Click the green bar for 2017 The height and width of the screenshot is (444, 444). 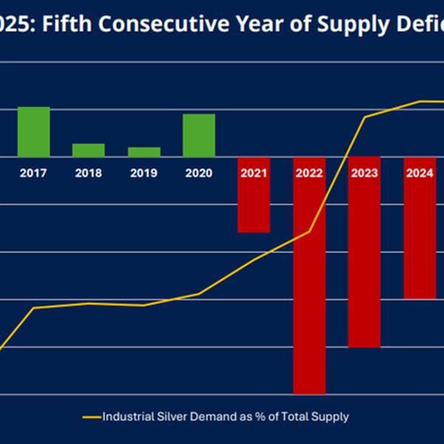[x=33, y=132]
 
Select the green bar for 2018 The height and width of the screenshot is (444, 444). [x=88, y=149]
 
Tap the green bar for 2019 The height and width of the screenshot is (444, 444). [x=144, y=152]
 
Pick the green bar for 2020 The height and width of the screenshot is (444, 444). [x=199, y=135]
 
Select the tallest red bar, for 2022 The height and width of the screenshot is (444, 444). [x=309, y=296]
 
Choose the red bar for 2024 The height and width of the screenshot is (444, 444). [x=420, y=244]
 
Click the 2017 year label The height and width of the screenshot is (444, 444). [x=33, y=173]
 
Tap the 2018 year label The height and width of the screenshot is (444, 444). [x=88, y=173]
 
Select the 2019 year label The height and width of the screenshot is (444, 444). [x=144, y=173]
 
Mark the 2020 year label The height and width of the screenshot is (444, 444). [x=199, y=173]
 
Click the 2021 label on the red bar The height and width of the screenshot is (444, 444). [x=254, y=173]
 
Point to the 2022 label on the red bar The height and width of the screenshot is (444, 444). [x=309, y=173]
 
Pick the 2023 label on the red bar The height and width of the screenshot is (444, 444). [x=364, y=173]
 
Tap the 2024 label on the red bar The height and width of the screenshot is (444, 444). [x=420, y=173]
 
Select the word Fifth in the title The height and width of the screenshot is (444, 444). [x=71, y=24]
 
